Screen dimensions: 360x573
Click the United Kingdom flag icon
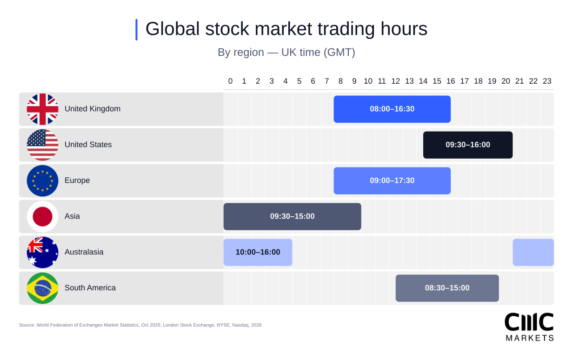[42, 109]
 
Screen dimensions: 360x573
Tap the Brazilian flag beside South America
[42, 288]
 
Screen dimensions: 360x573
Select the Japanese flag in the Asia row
[42, 216]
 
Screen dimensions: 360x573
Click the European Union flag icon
[42, 180]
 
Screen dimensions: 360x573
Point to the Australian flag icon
[42, 252]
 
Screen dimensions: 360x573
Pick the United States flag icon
[42, 145]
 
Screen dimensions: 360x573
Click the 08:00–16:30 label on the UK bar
[392, 109]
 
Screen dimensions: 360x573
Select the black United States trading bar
[467, 145]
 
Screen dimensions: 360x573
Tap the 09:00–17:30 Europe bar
[392, 180]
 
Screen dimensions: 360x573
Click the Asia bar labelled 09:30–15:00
[292, 216]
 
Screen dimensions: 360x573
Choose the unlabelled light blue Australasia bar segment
[533, 252]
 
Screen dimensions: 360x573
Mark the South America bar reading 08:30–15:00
[447, 288]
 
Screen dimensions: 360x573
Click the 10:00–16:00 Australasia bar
[258, 252]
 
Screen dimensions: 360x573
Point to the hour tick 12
[395, 81]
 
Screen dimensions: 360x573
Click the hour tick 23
[547, 81]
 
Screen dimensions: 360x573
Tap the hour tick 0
[230, 81]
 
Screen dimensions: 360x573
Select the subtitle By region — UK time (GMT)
[286, 52]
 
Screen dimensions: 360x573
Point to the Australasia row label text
[84, 252]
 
